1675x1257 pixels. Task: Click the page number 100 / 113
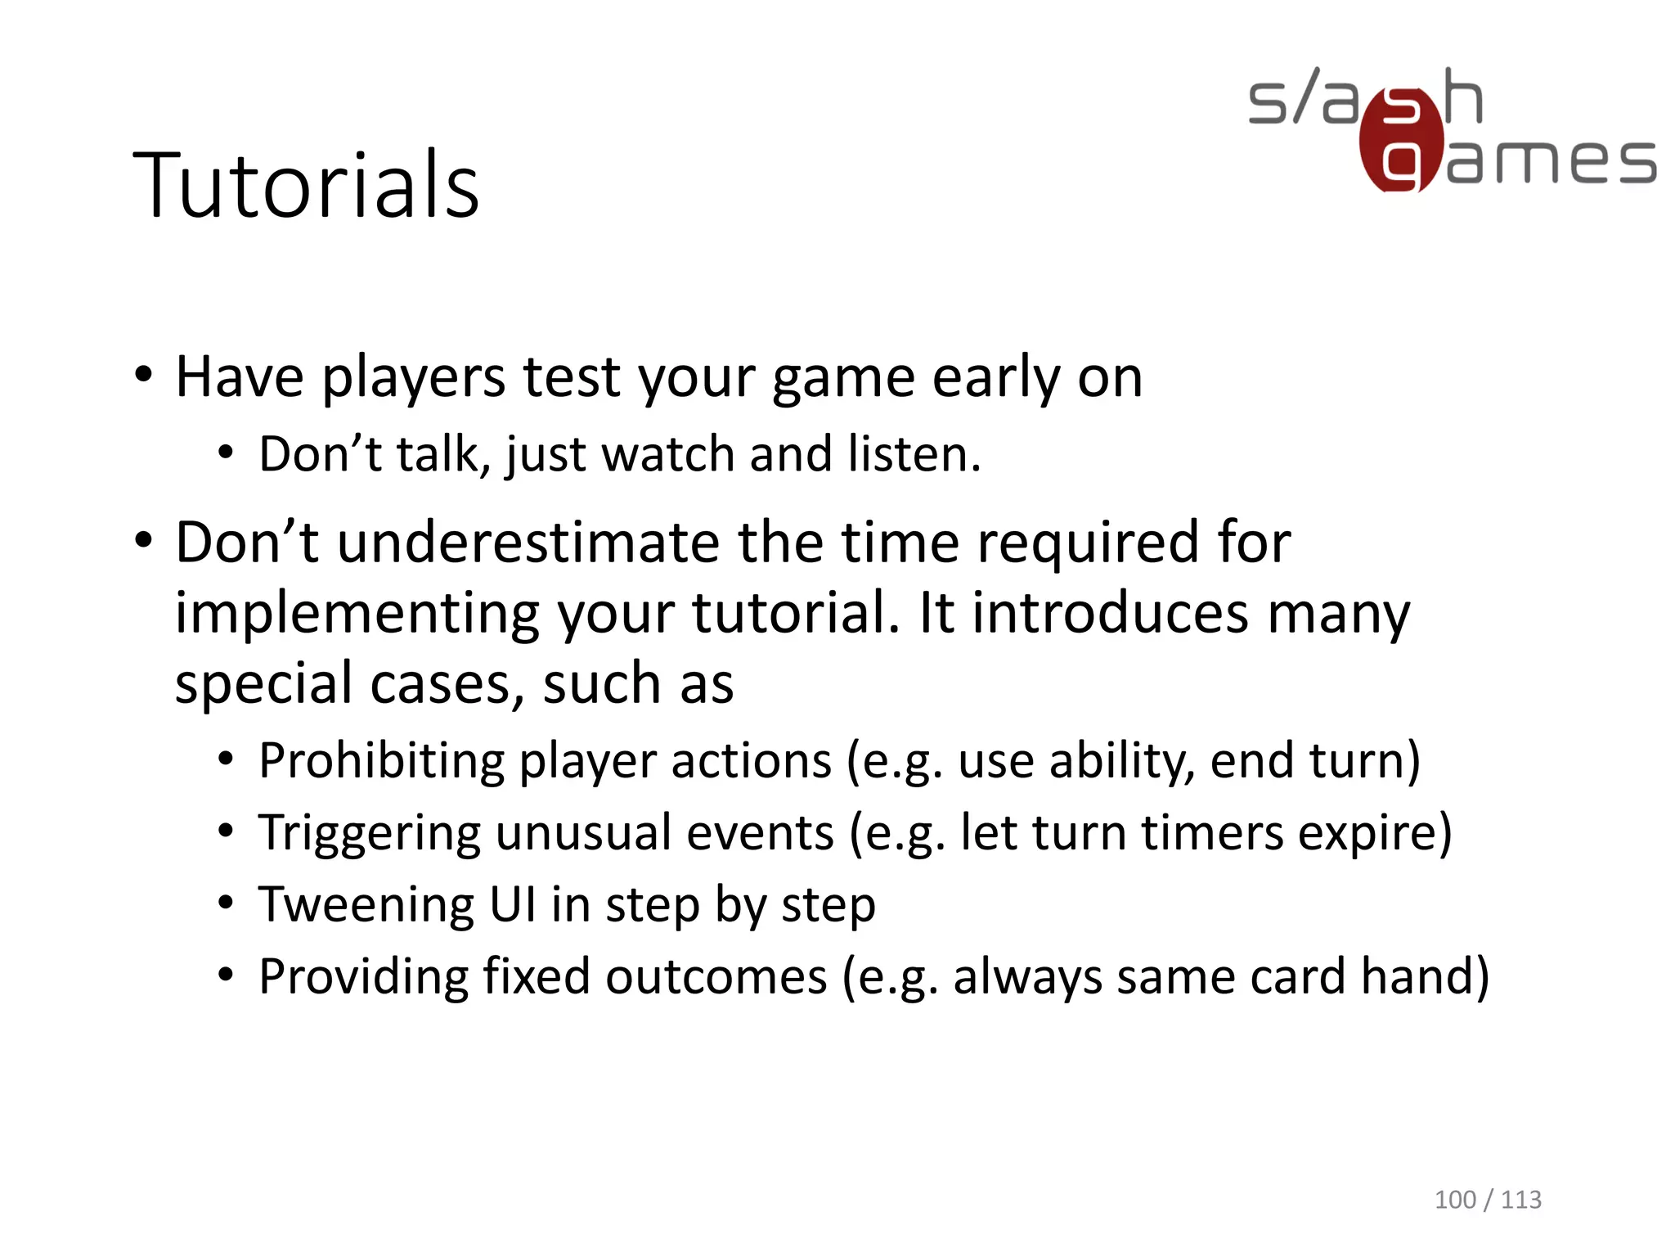point(1487,1200)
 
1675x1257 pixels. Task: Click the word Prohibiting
point(381,761)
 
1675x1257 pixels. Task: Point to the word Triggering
point(370,833)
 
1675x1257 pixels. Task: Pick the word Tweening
point(366,905)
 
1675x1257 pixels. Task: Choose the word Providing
point(363,977)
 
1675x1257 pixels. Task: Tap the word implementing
point(357,614)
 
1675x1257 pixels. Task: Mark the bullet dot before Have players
point(144,377)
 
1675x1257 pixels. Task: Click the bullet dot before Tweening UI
point(227,904)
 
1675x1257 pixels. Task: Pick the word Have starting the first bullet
point(240,378)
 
